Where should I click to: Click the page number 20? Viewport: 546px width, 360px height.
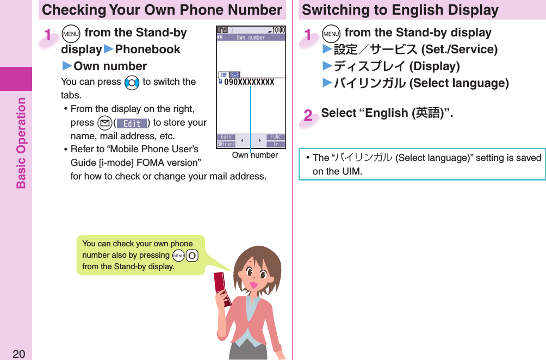[18, 354]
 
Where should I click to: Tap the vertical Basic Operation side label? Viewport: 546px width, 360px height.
[21, 142]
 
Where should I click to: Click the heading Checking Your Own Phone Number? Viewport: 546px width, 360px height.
[162, 10]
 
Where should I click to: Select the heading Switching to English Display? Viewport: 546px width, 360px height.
[400, 10]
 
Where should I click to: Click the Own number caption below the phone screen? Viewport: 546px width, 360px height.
[255, 156]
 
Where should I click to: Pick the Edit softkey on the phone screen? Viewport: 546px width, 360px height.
[226, 138]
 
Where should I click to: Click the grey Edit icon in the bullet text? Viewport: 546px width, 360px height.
[132, 123]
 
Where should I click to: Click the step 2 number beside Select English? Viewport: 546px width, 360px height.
[308, 115]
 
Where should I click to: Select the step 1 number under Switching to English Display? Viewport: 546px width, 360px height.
[308, 35]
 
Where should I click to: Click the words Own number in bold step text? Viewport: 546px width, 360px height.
[110, 66]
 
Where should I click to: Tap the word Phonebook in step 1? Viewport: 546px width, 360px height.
[147, 49]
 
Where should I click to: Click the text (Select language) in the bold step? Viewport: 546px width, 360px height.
[459, 83]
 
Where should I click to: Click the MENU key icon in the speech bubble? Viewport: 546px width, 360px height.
[177, 256]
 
